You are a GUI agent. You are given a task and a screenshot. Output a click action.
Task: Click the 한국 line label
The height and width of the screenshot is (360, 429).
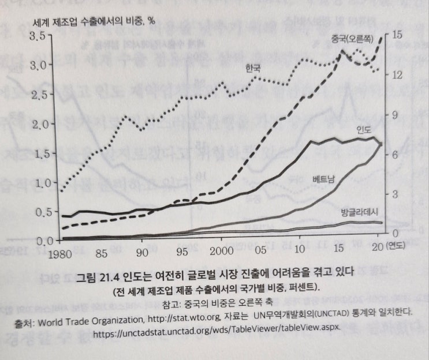[252, 67]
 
